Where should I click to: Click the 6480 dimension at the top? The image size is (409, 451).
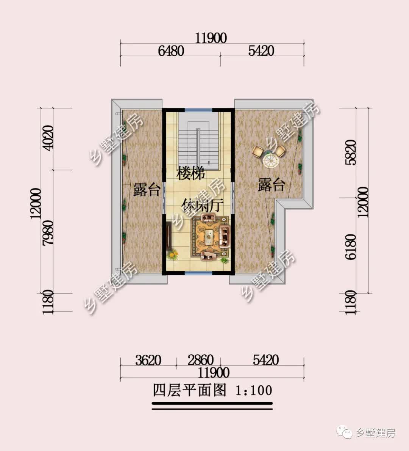(x=171, y=50)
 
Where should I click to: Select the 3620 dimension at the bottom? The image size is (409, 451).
(x=148, y=360)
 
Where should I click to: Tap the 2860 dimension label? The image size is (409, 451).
(x=201, y=360)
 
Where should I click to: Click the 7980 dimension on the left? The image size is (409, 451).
(x=48, y=233)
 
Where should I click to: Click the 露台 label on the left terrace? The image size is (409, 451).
(x=147, y=190)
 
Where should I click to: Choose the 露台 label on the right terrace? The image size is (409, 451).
(x=271, y=185)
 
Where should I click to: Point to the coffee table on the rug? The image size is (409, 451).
(x=209, y=237)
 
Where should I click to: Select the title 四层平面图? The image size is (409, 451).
(x=189, y=390)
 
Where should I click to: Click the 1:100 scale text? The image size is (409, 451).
(x=254, y=390)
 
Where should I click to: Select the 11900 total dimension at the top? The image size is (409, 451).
(x=211, y=38)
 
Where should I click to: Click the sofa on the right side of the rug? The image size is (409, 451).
(x=225, y=236)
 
